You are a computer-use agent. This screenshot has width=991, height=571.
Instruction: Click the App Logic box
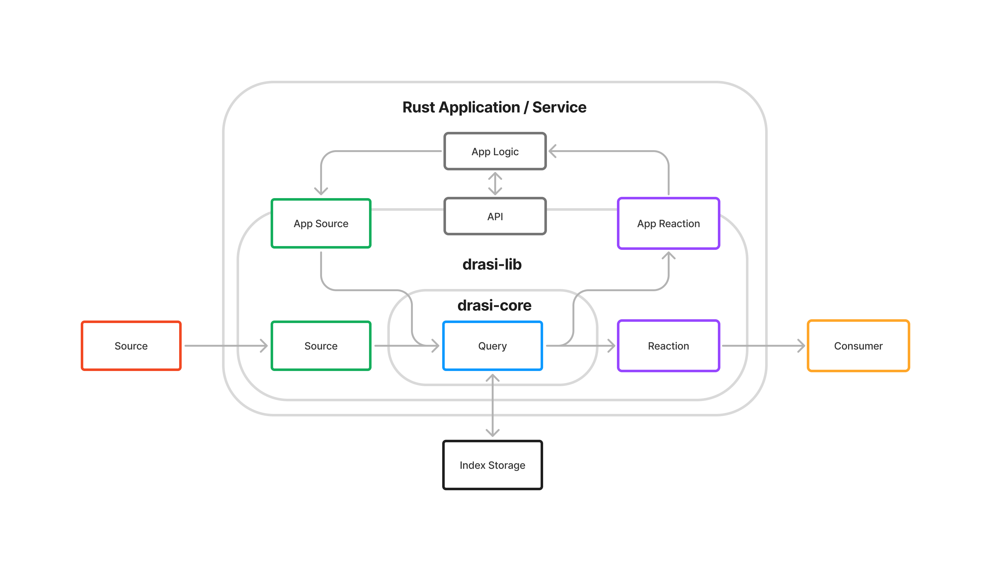[495, 151]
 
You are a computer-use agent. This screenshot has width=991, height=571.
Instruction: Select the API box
[495, 216]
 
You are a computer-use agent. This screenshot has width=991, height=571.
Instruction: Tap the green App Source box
[321, 224]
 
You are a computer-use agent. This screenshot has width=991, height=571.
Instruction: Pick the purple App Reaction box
[668, 224]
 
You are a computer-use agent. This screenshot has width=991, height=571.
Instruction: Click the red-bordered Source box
[131, 346]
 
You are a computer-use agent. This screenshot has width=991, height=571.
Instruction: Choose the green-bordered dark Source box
[321, 346]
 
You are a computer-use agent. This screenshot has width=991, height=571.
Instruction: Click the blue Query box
[492, 346]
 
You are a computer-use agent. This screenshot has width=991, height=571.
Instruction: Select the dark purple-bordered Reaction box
[668, 346]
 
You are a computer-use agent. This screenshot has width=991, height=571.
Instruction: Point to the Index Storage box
[492, 465]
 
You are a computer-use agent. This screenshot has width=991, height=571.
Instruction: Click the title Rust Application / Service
[494, 107]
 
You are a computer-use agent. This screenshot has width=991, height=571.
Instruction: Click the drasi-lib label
[492, 264]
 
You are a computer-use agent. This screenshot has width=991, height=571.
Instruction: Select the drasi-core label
[494, 305]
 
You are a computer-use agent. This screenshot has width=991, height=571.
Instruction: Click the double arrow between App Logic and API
[495, 184]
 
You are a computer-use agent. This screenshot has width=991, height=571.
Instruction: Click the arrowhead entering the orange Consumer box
[801, 346]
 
